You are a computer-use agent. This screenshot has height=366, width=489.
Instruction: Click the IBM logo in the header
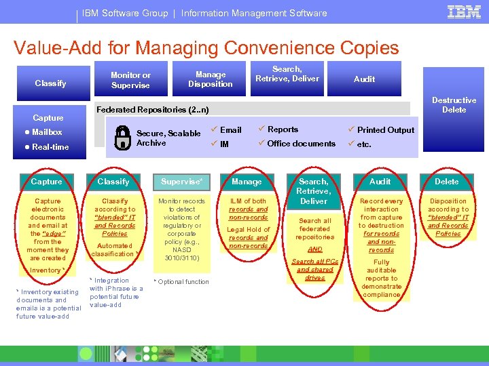pyautogui.click(x=464, y=12)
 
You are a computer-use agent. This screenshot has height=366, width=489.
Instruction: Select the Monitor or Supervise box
pyautogui.click(x=130, y=80)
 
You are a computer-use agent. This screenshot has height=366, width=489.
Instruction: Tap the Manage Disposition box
pyautogui.click(x=211, y=79)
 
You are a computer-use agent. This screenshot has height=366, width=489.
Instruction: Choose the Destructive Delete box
pyautogui.click(x=454, y=104)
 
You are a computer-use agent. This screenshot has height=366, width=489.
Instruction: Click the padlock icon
pyautogui.click(x=122, y=138)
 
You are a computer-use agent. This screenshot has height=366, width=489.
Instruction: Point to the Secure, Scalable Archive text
pyautogui.click(x=168, y=138)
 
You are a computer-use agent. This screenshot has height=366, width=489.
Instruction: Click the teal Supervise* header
pyautogui.click(x=181, y=182)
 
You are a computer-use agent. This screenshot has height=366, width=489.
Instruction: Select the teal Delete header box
pyautogui.click(x=447, y=182)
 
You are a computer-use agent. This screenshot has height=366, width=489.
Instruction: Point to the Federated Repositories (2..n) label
pyautogui.click(x=153, y=110)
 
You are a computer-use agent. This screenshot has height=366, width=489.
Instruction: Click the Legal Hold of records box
pyautogui.click(x=248, y=238)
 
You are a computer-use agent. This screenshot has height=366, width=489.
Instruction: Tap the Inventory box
pyautogui.click(x=47, y=270)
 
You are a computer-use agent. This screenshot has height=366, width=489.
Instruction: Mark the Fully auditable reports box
pyautogui.click(x=381, y=278)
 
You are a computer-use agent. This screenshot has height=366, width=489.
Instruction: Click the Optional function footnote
pyautogui.click(x=181, y=281)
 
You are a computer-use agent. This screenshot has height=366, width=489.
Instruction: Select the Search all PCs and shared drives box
pyautogui.click(x=314, y=270)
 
